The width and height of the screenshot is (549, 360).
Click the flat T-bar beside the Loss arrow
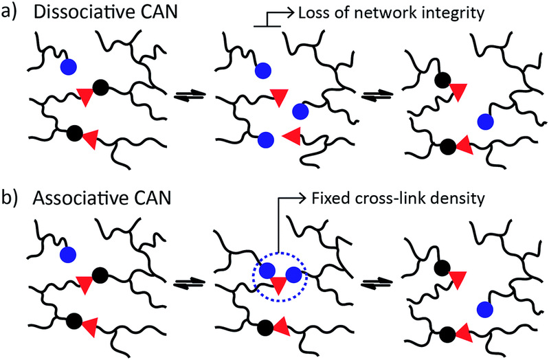[x=266, y=25]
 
